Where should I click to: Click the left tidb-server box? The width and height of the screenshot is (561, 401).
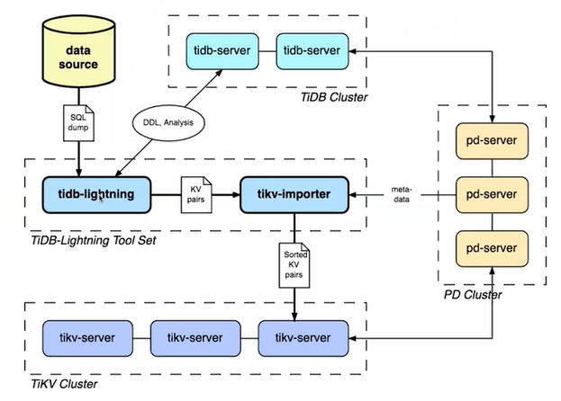(x=221, y=50)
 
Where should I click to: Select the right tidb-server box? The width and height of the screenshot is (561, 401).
(x=312, y=50)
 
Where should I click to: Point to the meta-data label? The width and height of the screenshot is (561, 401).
(x=401, y=193)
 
